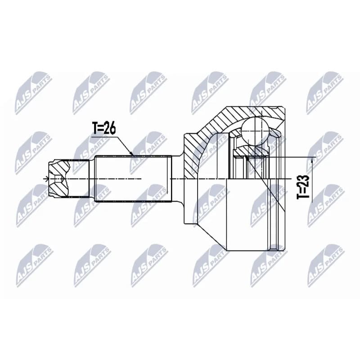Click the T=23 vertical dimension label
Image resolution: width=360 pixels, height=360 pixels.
tap(303, 187)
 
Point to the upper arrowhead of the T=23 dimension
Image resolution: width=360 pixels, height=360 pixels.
tap(312, 160)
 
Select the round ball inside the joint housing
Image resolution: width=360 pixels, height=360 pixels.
tap(255, 130)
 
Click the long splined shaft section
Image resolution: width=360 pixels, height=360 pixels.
tap(133, 179)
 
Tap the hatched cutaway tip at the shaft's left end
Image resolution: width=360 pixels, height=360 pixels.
tap(58, 178)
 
